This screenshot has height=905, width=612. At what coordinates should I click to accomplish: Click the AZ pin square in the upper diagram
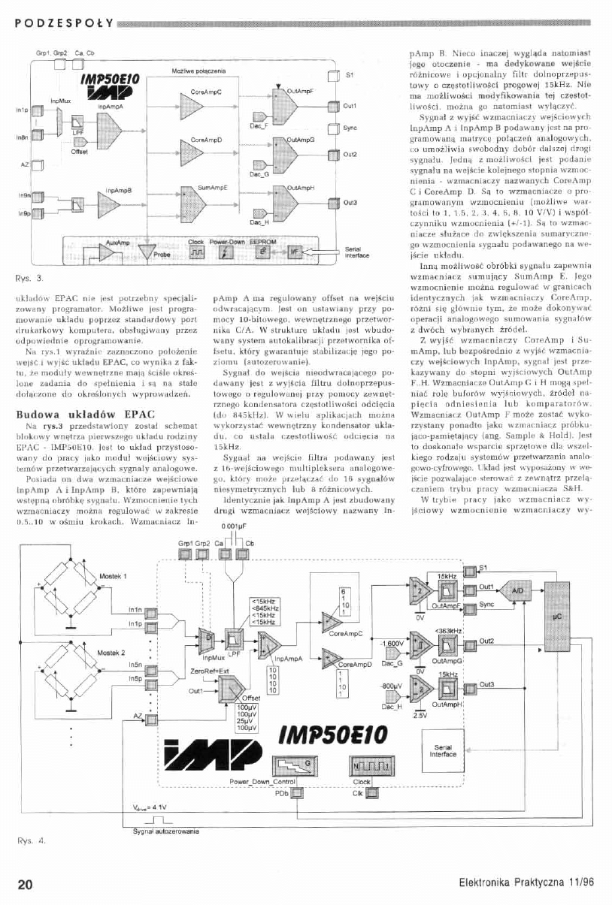(38, 164)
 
